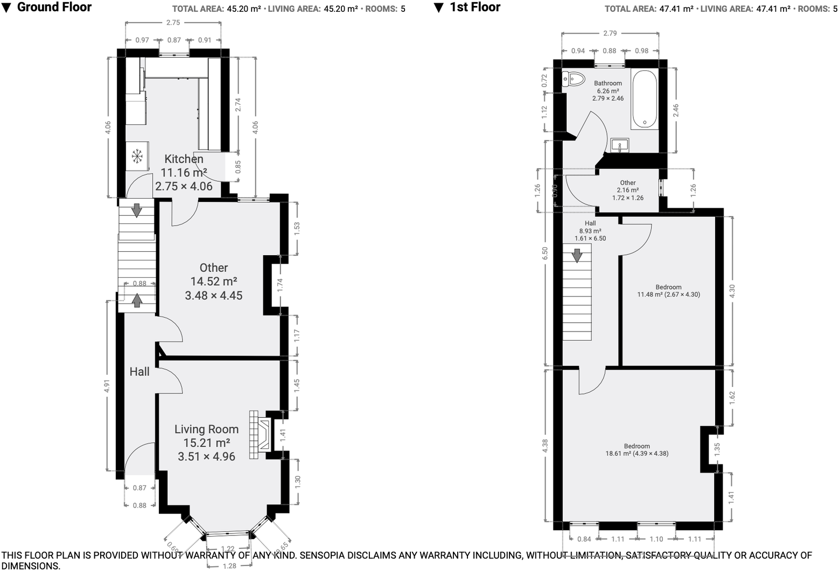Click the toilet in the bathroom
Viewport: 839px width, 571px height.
[x=574, y=79]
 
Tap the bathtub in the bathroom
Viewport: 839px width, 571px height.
[x=645, y=99]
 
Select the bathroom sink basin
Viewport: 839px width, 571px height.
[x=619, y=145]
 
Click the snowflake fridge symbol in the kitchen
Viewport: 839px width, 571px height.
[x=137, y=156]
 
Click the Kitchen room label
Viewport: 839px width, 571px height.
[x=184, y=159]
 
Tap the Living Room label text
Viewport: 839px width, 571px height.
[x=206, y=429]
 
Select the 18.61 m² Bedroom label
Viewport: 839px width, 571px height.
[x=637, y=450]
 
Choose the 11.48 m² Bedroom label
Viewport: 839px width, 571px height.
[x=669, y=291]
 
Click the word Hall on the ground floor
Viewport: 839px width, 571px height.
[x=139, y=371]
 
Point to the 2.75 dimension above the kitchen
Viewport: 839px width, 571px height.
[x=173, y=23]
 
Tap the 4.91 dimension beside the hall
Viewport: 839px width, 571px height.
[x=107, y=386]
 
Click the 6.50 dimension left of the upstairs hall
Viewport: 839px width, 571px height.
[x=545, y=253]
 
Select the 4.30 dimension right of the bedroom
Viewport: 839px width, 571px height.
[x=732, y=291]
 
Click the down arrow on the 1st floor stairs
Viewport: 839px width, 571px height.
[x=577, y=255]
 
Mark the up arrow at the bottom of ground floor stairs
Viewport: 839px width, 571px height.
[x=137, y=300]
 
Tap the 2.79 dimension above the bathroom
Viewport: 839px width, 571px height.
[x=610, y=33]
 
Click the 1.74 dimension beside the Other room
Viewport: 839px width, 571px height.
[x=280, y=285]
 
